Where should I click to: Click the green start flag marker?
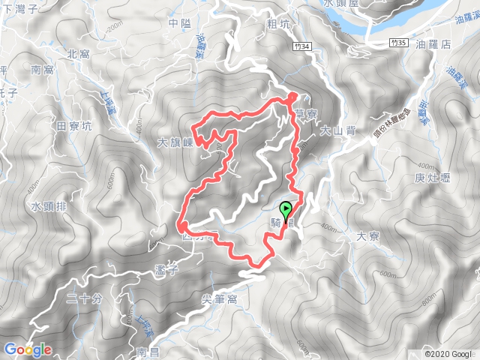tap(286, 210)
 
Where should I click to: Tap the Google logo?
tap(27, 349)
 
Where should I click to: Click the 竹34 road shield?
tap(302, 46)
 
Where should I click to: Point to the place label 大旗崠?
tap(176, 142)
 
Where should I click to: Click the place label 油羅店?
tap(456, 44)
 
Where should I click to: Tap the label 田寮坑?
tap(73, 125)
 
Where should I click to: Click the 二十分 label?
tap(83, 299)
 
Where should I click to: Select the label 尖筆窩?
tap(220, 298)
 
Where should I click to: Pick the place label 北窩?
tap(77, 54)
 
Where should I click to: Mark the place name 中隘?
tap(180, 23)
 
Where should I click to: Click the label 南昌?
tap(148, 351)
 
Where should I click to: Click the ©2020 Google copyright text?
tap(448, 353)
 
